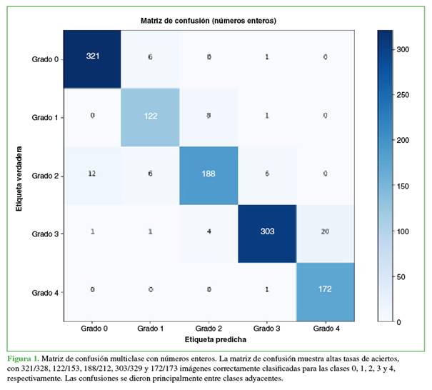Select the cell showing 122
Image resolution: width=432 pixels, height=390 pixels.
click(150, 116)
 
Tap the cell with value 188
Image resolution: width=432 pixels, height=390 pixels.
click(208, 174)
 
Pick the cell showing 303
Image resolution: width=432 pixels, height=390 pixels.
click(266, 233)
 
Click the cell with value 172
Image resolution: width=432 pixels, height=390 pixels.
click(324, 291)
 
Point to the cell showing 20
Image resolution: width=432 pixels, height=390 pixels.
click(324, 233)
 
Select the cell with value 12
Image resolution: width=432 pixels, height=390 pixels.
click(92, 174)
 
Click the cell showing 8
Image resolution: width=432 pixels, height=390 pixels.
click(208, 116)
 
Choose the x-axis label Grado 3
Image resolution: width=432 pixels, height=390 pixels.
click(266, 329)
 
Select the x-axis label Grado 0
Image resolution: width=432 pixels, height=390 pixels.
click(92, 329)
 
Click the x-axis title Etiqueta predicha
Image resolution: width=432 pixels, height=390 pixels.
click(208, 341)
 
